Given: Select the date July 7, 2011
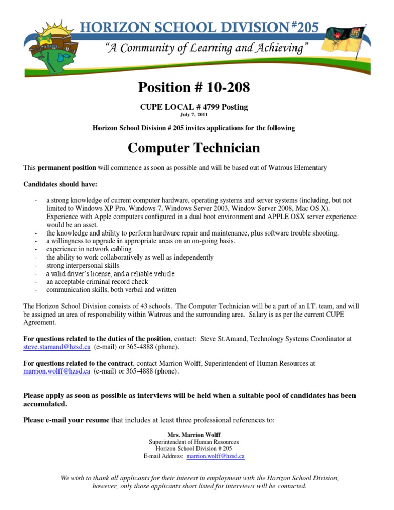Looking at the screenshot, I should [x=194, y=115].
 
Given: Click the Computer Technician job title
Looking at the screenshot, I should [x=194, y=148].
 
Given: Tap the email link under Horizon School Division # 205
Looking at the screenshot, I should [x=215, y=456].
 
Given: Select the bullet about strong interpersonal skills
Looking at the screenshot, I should [x=83, y=266].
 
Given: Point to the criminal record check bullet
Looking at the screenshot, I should [x=97, y=282].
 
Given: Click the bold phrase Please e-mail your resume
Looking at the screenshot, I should [x=66, y=420].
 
